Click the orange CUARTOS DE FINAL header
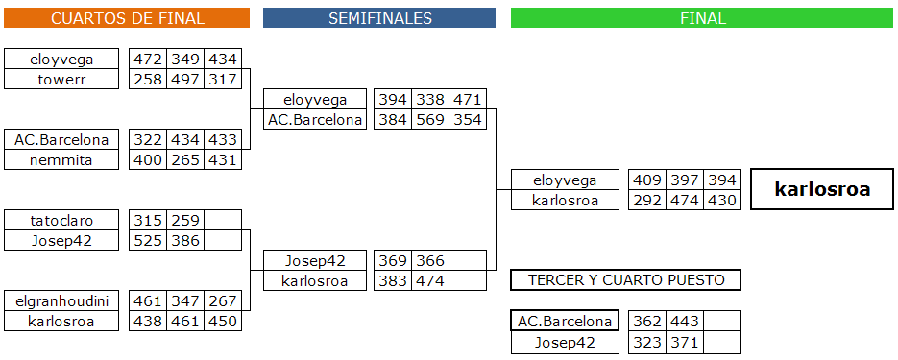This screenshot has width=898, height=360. click(x=127, y=17)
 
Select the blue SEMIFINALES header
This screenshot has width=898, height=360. click(x=379, y=17)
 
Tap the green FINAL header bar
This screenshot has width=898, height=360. click(x=702, y=17)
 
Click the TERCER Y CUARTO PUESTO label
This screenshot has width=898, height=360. click(x=625, y=280)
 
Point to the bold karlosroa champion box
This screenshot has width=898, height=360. click(x=822, y=189)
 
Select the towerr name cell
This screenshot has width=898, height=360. click(x=61, y=79)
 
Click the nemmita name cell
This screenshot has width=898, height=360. click(x=61, y=159)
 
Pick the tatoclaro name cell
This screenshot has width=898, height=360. click(x=61, y=221)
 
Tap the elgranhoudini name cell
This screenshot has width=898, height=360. click(x=61, y=301)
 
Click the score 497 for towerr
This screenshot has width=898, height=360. click(x=185, y=79)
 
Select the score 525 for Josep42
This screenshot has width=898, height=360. click(x=148, y=240)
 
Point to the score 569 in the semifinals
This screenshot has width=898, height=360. click(x=430, y=120)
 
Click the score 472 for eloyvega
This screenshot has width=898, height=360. click(x=148, y=59)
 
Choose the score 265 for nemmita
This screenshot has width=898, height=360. click(x=185, y=159)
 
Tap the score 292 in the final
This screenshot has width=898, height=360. click(x=647, y=201)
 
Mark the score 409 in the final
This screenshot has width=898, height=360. click(x=647, y=180)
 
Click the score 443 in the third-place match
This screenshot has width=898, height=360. click(x=685, y=321)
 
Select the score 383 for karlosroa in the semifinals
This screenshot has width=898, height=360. click(x=392, y=280)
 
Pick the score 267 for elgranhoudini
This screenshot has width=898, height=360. click(x=223, y=301)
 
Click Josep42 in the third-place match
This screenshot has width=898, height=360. click(x=565, y=343)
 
